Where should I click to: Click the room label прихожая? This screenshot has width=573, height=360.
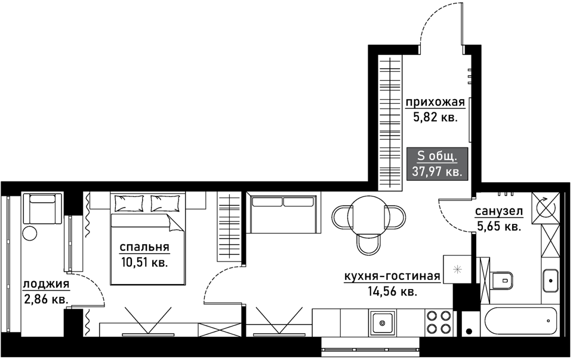(435, 102)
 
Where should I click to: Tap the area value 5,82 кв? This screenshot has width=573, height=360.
(435, 118)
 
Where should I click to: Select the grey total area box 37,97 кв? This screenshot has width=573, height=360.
(437, 164)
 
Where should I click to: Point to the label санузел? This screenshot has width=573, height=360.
(499, 211)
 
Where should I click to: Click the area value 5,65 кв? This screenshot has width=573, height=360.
(499, 227)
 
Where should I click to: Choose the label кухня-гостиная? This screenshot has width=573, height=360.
(392, 276)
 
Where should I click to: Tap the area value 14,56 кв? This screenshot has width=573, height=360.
(392, 292)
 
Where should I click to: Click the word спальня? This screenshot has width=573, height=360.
(144, 247)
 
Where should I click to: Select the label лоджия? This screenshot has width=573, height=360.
(46, 284)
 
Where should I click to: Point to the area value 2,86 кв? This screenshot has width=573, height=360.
(46, 300)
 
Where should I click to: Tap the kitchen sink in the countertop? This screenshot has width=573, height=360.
(383, 323)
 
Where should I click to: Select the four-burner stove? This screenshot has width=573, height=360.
(439, 322)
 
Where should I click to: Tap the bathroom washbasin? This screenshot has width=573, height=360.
(550, 281)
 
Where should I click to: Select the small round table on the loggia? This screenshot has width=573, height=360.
(29, 233)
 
